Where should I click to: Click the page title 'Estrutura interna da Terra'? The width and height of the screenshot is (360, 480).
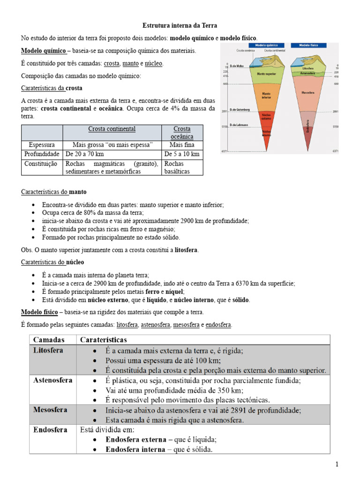(180, 25)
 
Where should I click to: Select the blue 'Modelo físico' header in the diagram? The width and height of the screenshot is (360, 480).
(305, 45)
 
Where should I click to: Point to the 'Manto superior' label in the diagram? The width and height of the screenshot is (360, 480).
(266, 74)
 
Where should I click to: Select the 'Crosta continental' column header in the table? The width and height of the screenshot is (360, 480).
(112, 129)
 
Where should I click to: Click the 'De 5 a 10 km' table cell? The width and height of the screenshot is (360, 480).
(182, 154)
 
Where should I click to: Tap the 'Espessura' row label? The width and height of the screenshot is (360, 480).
(42, 145)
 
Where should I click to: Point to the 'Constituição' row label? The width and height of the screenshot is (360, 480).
(42, 164)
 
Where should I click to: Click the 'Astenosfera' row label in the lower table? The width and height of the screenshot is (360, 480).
(53, 380)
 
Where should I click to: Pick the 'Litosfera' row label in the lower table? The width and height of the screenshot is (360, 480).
(48, 350)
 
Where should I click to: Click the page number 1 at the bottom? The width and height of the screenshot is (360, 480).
(337, 464)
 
